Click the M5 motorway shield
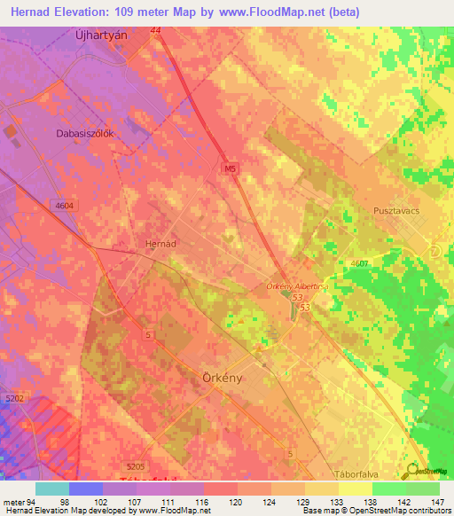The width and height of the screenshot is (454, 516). point(228,166)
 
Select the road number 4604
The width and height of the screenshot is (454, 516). point(64,205)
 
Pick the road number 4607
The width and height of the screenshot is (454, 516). point(360,264)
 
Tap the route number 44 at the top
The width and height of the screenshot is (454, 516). point(156,30)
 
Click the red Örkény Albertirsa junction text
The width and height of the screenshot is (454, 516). point(298,286)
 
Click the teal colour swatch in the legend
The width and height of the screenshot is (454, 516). point(52,489)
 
